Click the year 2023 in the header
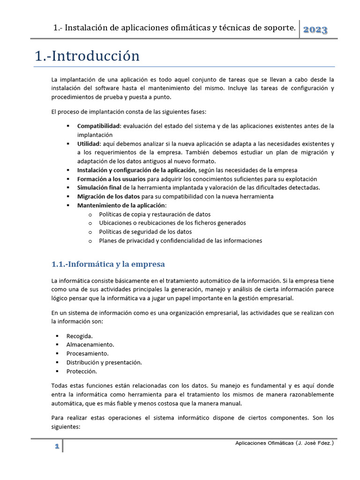coord(315,30)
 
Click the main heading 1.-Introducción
coord(87,56)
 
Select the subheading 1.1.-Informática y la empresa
coord(108,264)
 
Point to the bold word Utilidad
coord(88,144)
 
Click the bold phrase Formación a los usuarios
coord(111,179)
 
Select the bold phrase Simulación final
coord(99,187)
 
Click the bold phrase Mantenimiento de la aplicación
coord(121,205)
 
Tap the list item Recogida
coord(79,336)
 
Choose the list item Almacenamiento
coord(90,345)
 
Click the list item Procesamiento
coord(87,353)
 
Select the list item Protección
coord(82,371)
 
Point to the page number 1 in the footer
coord(56,447)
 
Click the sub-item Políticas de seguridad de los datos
coord(145,232)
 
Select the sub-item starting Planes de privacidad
coord(180,240)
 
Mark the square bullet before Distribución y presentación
coord(57,362)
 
